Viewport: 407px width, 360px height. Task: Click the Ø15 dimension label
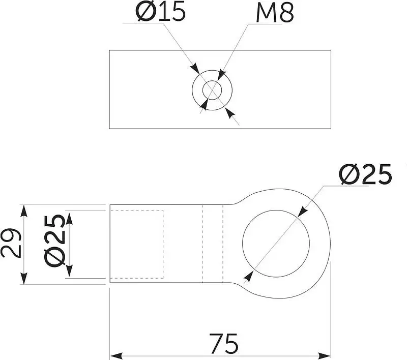pyautogui.click(x=160, y=12)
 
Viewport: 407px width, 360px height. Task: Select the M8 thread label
pyautogui.click(x=275, y=13)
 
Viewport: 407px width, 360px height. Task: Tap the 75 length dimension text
pyautogui.click(x=223, y=343)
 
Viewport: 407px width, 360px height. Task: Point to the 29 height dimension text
pyautogui.click(x=10, y=243)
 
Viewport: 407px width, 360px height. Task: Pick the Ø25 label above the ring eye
pyautogui.click(x=365, y=174)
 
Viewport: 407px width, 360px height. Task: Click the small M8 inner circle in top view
pyautogui.click(x=212, y=90)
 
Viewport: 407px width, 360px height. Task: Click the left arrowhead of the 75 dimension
pyautogui.click(x=117, y=355)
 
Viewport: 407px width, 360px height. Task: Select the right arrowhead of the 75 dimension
pyautogui.click(x=324, y=355)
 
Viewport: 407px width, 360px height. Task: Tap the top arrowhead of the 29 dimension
pyautogui.click(x=24, y=211)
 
